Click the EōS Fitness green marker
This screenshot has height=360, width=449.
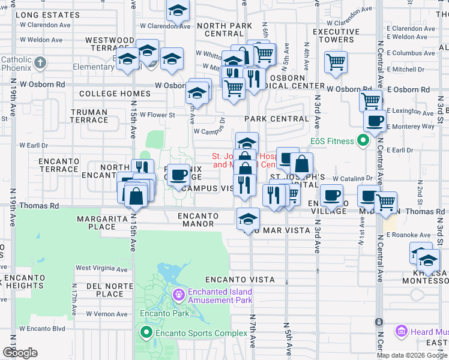(x=363, y=142)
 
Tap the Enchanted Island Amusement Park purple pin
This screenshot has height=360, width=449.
(x=178, y=295)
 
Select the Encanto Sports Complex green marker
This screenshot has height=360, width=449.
(x=145, y=332)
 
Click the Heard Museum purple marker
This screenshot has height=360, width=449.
(x=402, y=331)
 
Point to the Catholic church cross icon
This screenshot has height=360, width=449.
(x=40, y=62)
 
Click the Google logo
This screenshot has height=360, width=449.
(x=20, y=353)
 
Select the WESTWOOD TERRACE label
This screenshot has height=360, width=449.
(x=110, y=46)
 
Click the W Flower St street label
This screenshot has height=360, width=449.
(x=157, y=115)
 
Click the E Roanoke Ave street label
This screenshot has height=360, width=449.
(x=408, y=235)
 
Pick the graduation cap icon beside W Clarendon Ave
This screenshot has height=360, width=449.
(x=178, y=11)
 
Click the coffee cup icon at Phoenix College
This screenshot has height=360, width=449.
(x=178, y=175)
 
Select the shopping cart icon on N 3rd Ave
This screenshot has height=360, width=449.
(x=336, y=61)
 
